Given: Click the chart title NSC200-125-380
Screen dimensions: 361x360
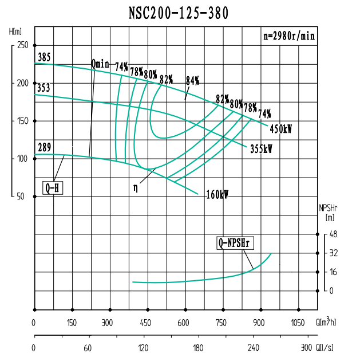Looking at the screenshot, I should click(180, 13).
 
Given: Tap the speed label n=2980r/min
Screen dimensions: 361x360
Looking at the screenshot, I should click(288, 35).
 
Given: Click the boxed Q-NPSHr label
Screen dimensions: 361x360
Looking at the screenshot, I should click(235, 243).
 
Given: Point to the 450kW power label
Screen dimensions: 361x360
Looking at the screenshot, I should click(280, 130).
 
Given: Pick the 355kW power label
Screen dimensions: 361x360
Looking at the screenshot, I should click(261, 148).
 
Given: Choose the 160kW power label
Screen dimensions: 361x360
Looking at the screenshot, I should click(217, 195).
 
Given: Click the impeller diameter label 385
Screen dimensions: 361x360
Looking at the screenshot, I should click(44, 58).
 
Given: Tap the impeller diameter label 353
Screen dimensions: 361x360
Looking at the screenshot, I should click(44, 88).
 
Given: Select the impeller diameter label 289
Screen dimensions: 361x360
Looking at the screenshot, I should click(44, 148).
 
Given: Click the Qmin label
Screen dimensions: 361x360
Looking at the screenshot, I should click(100, 64).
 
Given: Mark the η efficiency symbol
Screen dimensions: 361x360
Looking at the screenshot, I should click(135, 187).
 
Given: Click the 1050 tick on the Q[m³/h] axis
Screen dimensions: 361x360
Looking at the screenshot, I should click(297, 323).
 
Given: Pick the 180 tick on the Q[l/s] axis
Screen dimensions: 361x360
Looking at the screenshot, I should click(198, 348).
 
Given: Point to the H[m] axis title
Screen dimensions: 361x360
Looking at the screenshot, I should click(15, 30).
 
